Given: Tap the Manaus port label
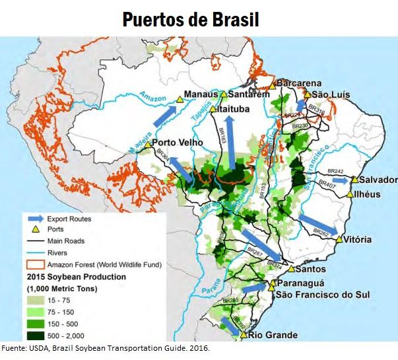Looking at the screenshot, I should point(201,94).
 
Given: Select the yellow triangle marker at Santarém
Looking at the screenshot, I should point(224,94).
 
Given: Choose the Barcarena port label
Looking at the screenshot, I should point(299,83).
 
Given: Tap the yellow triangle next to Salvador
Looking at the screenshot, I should point(354,180).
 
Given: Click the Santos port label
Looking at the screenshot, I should point(312,270).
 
